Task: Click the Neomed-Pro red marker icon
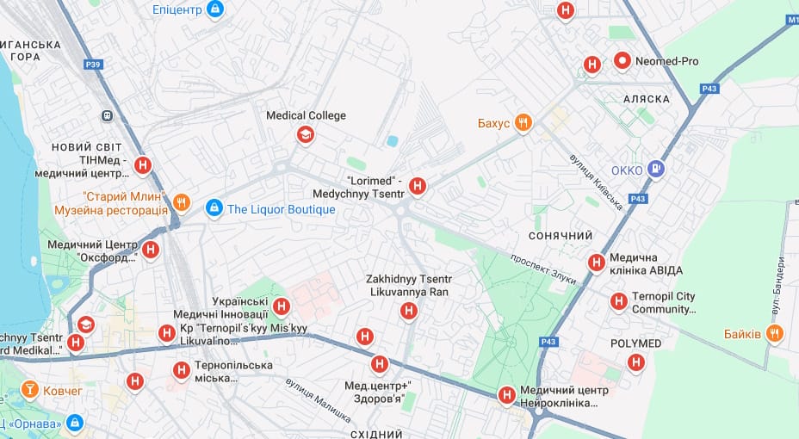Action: click(622, 61)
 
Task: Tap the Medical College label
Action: click(306, 115)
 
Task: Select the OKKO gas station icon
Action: click(655, 170)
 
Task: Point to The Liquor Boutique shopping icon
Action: click(214, 208)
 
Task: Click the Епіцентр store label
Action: click(177, 9)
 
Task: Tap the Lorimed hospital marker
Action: click(418, 185)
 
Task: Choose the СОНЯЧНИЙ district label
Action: click(561, 236)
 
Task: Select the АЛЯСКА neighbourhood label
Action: click(641, 99)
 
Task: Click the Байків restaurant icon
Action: click(775, 333)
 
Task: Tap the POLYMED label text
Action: click(635, 343)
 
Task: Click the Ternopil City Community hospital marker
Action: click(618, 301)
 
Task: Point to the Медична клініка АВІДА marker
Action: click(596, 263)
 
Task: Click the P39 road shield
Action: click(93, 64)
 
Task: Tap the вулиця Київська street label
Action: click(596, 182)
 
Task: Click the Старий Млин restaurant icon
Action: click(181, 202)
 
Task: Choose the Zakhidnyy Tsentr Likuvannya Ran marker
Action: click(409, 312)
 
